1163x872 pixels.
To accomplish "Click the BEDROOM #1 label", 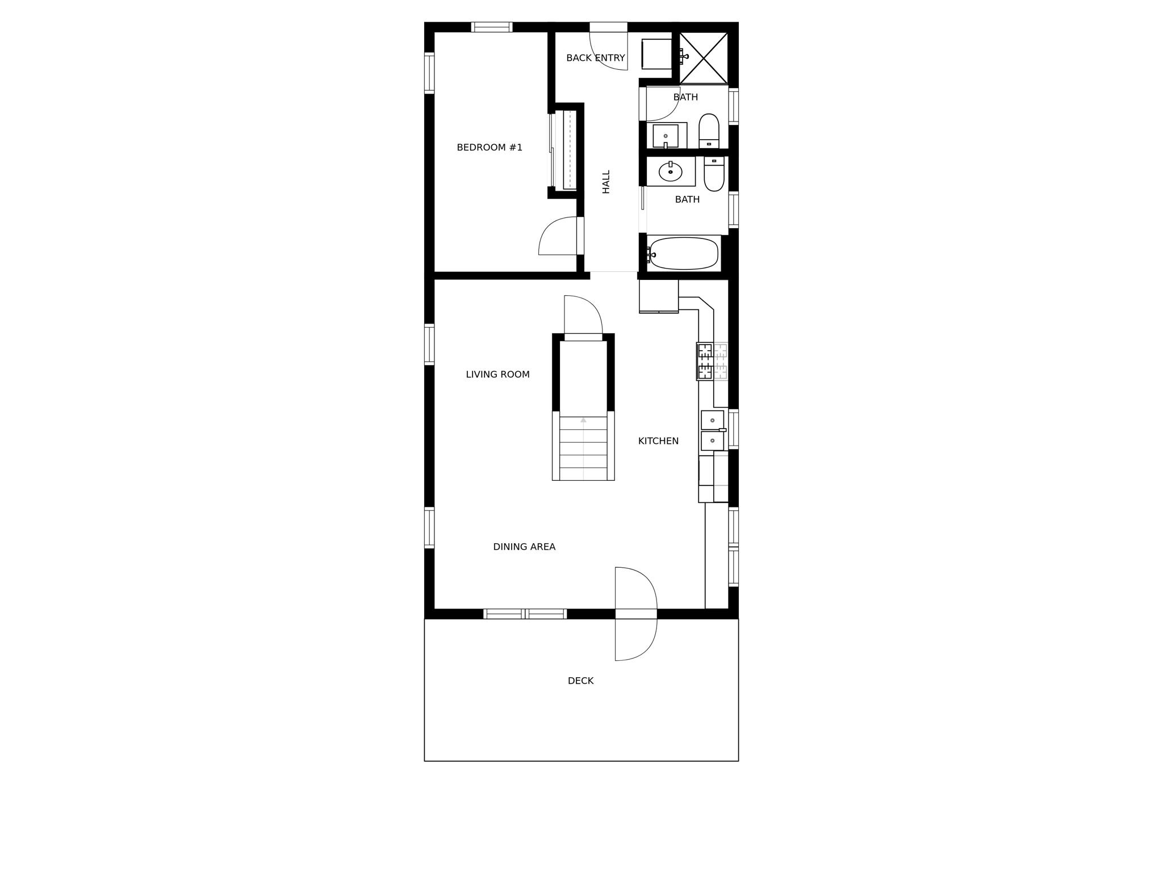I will coord(489,148).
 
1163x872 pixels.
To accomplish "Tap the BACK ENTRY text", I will coord(595,58).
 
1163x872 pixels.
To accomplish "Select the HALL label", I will coord(606,182).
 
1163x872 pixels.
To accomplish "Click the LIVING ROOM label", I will coord(497,375).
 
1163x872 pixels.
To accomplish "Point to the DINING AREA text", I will coord(524,547).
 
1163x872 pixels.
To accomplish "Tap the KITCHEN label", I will coord(658,441).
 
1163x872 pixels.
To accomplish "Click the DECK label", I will coord(580,681).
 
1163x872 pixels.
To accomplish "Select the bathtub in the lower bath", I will coord(683,254).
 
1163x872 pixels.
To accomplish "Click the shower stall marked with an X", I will coord(704,58).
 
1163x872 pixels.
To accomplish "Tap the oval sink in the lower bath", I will coord(670,171).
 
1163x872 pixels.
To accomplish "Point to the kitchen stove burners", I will coord(705,362).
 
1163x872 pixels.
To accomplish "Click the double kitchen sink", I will coord(712,431).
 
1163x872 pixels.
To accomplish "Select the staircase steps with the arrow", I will coord(583,448).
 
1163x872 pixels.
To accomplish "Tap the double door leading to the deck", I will coord(636,614).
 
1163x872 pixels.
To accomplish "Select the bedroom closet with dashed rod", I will coord(568,150).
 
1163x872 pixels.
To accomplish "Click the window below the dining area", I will coord(525,614).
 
